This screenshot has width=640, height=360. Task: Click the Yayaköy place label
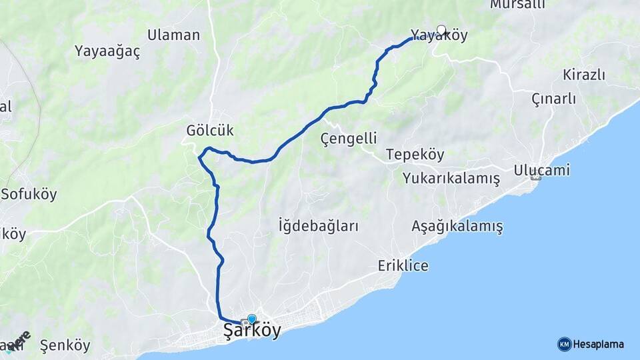point(439,36)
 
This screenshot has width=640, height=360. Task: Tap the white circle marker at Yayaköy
point(441,29)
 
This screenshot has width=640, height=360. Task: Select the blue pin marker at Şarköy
point(251,319)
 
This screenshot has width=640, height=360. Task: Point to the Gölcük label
point(210,130)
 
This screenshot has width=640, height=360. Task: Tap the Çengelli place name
point(349,139)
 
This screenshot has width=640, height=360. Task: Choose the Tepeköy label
point(415,155)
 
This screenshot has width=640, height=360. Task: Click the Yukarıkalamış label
point(451,179)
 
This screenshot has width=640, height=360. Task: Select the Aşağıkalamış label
point(457,227)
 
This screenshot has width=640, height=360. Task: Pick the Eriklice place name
point(403,265)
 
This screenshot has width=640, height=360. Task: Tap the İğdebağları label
point(318,226)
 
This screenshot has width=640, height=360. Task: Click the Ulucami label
point(541,170)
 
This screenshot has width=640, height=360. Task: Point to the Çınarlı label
point(553,99)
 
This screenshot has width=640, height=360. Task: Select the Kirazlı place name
point(583,74)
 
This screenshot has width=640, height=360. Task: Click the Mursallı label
point(517,5)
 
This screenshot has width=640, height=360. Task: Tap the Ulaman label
point(173,35)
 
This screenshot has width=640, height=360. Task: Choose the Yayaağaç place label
point(107,51)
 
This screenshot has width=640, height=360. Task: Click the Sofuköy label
point(29,195)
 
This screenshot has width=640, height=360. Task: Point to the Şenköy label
point(65,345)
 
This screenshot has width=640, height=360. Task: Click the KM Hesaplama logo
point(591,344)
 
